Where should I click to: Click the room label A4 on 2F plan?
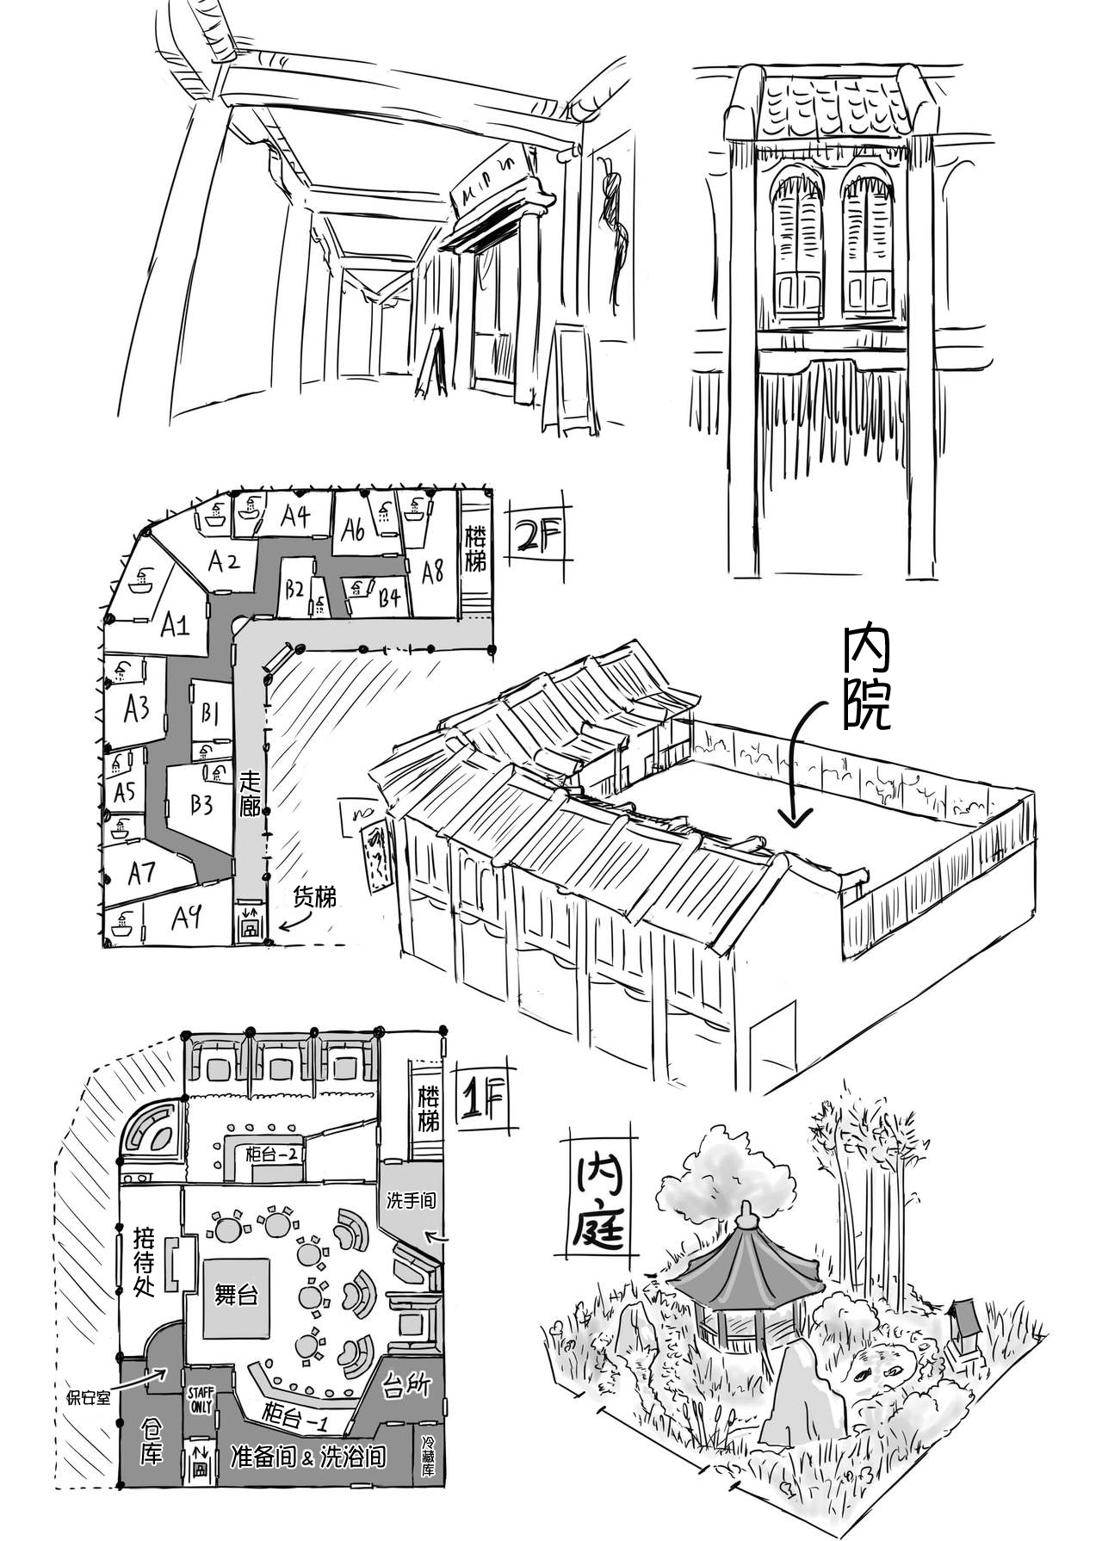[294, 517]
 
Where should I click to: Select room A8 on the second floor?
[431, 571]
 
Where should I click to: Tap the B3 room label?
[201, 804]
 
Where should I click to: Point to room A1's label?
[175, 625]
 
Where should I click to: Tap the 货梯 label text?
[315, 897]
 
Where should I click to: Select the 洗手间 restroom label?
[411, 1200]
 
